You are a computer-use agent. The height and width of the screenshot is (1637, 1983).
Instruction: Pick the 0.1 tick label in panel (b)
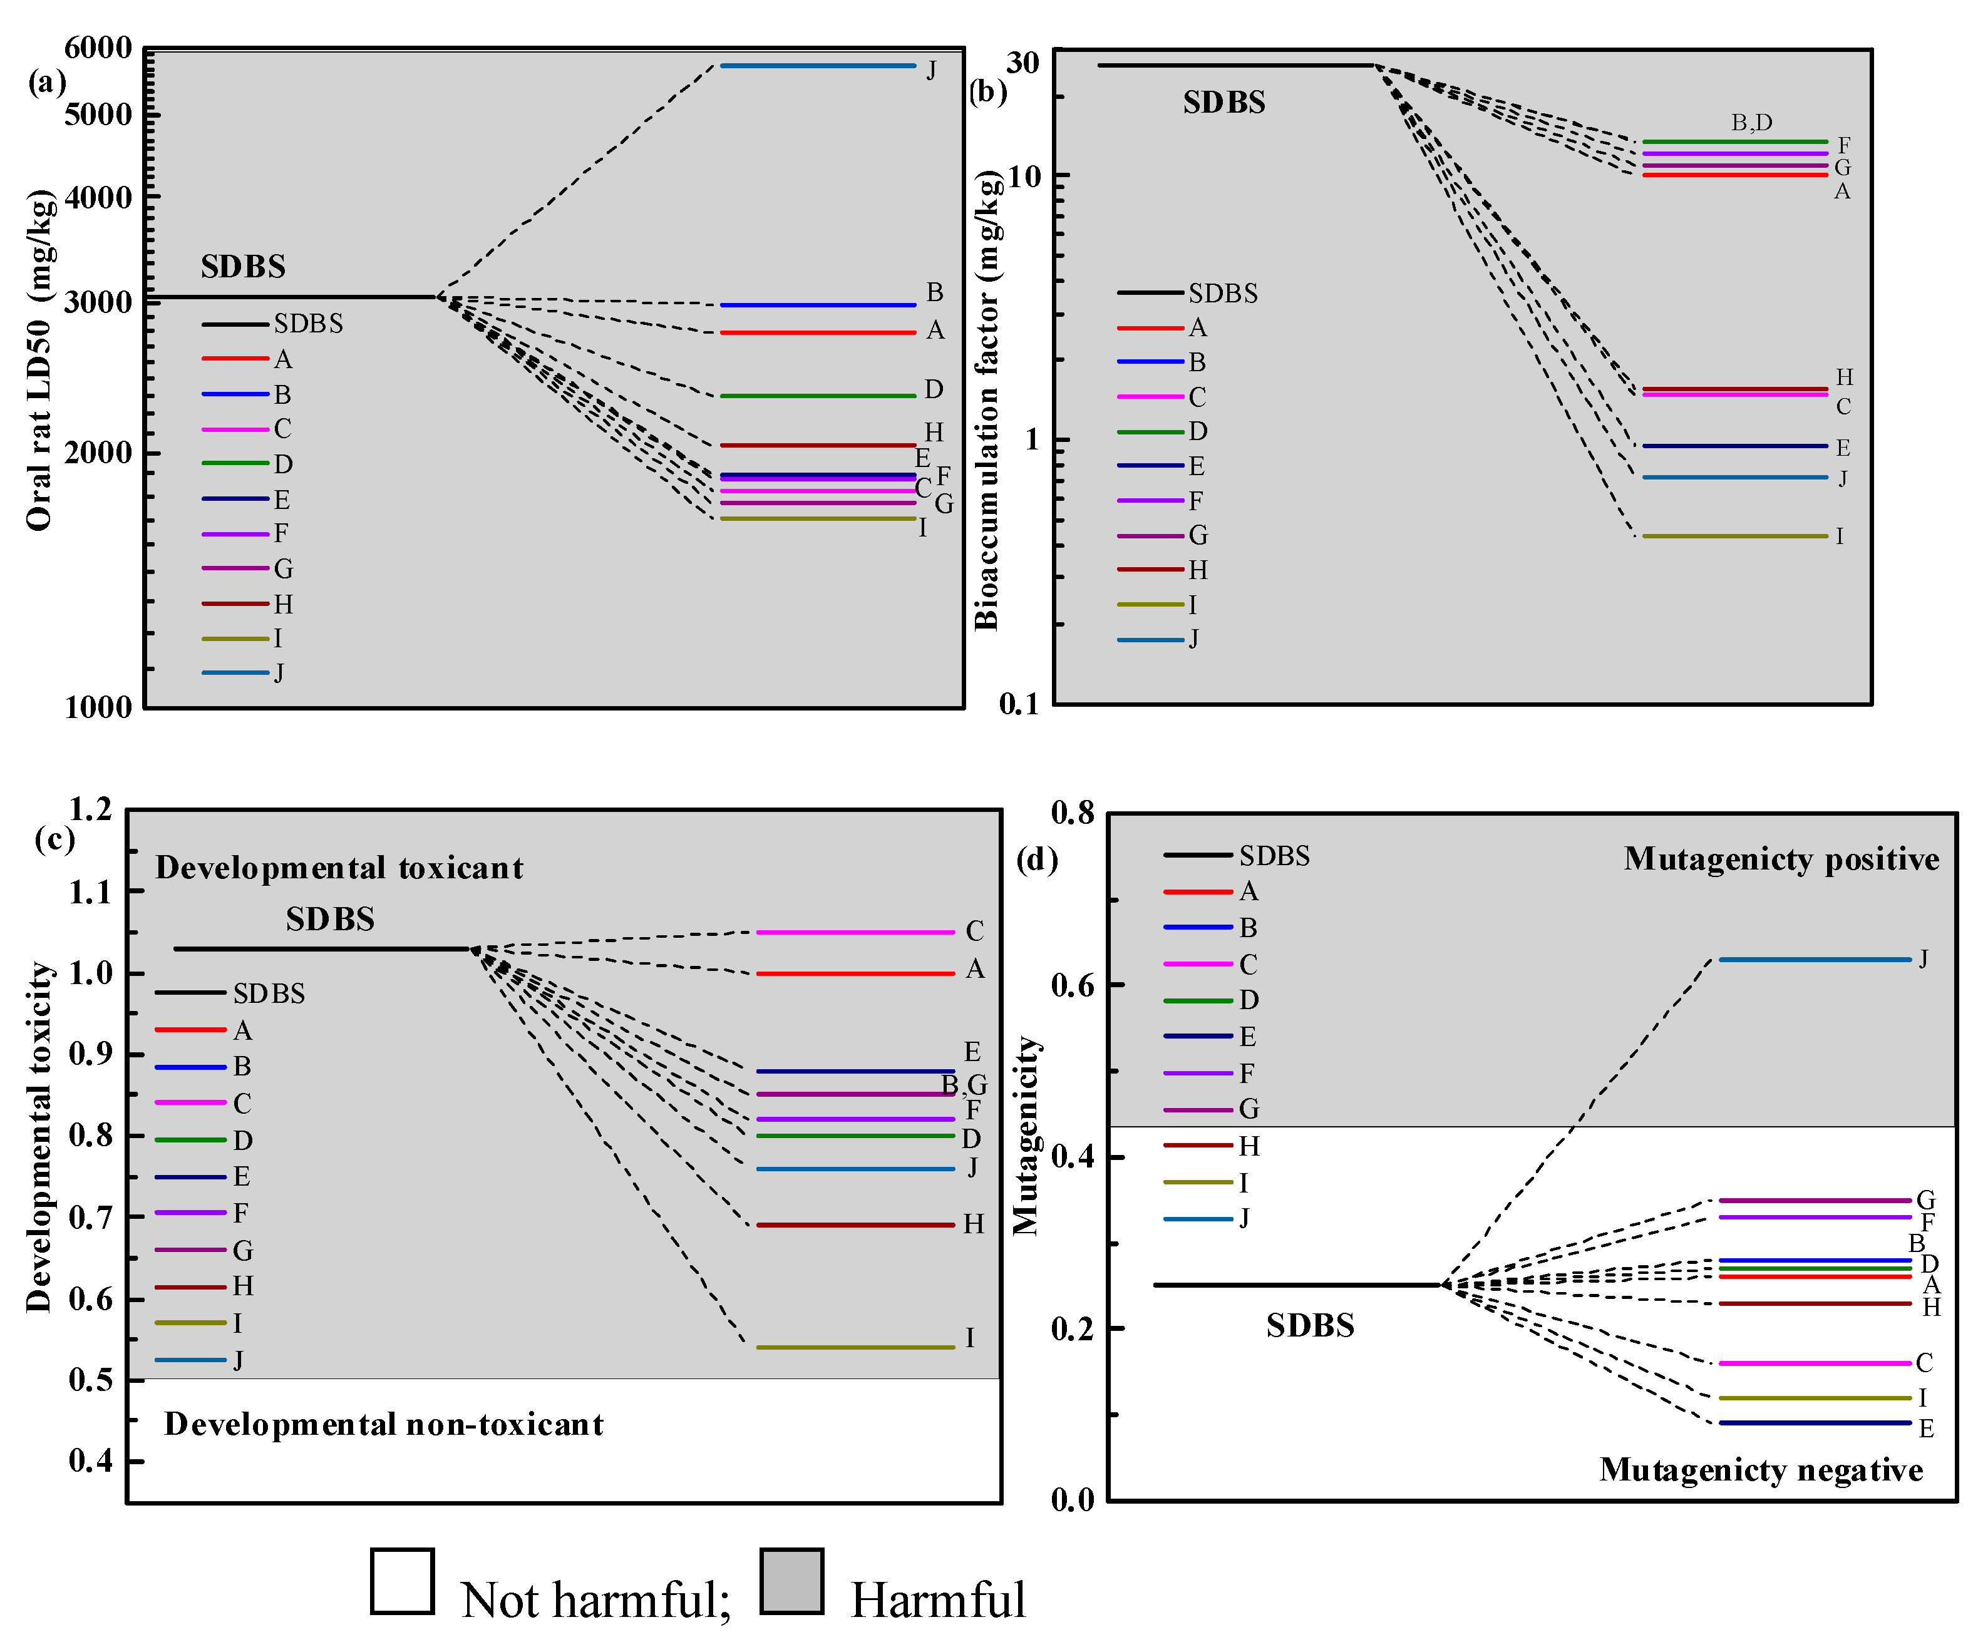(1018, 704)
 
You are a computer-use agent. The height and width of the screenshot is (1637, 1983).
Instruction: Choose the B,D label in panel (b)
(1751, 123)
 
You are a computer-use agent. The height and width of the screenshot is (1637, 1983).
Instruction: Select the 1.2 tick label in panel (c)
(91, 809)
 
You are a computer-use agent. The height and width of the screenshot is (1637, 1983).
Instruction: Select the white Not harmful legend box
(403, 1581)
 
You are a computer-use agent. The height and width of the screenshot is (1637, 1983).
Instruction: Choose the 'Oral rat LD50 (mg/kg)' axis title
(39, 360)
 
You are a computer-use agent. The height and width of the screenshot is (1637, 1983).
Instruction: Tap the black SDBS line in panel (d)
(1297, 1285)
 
